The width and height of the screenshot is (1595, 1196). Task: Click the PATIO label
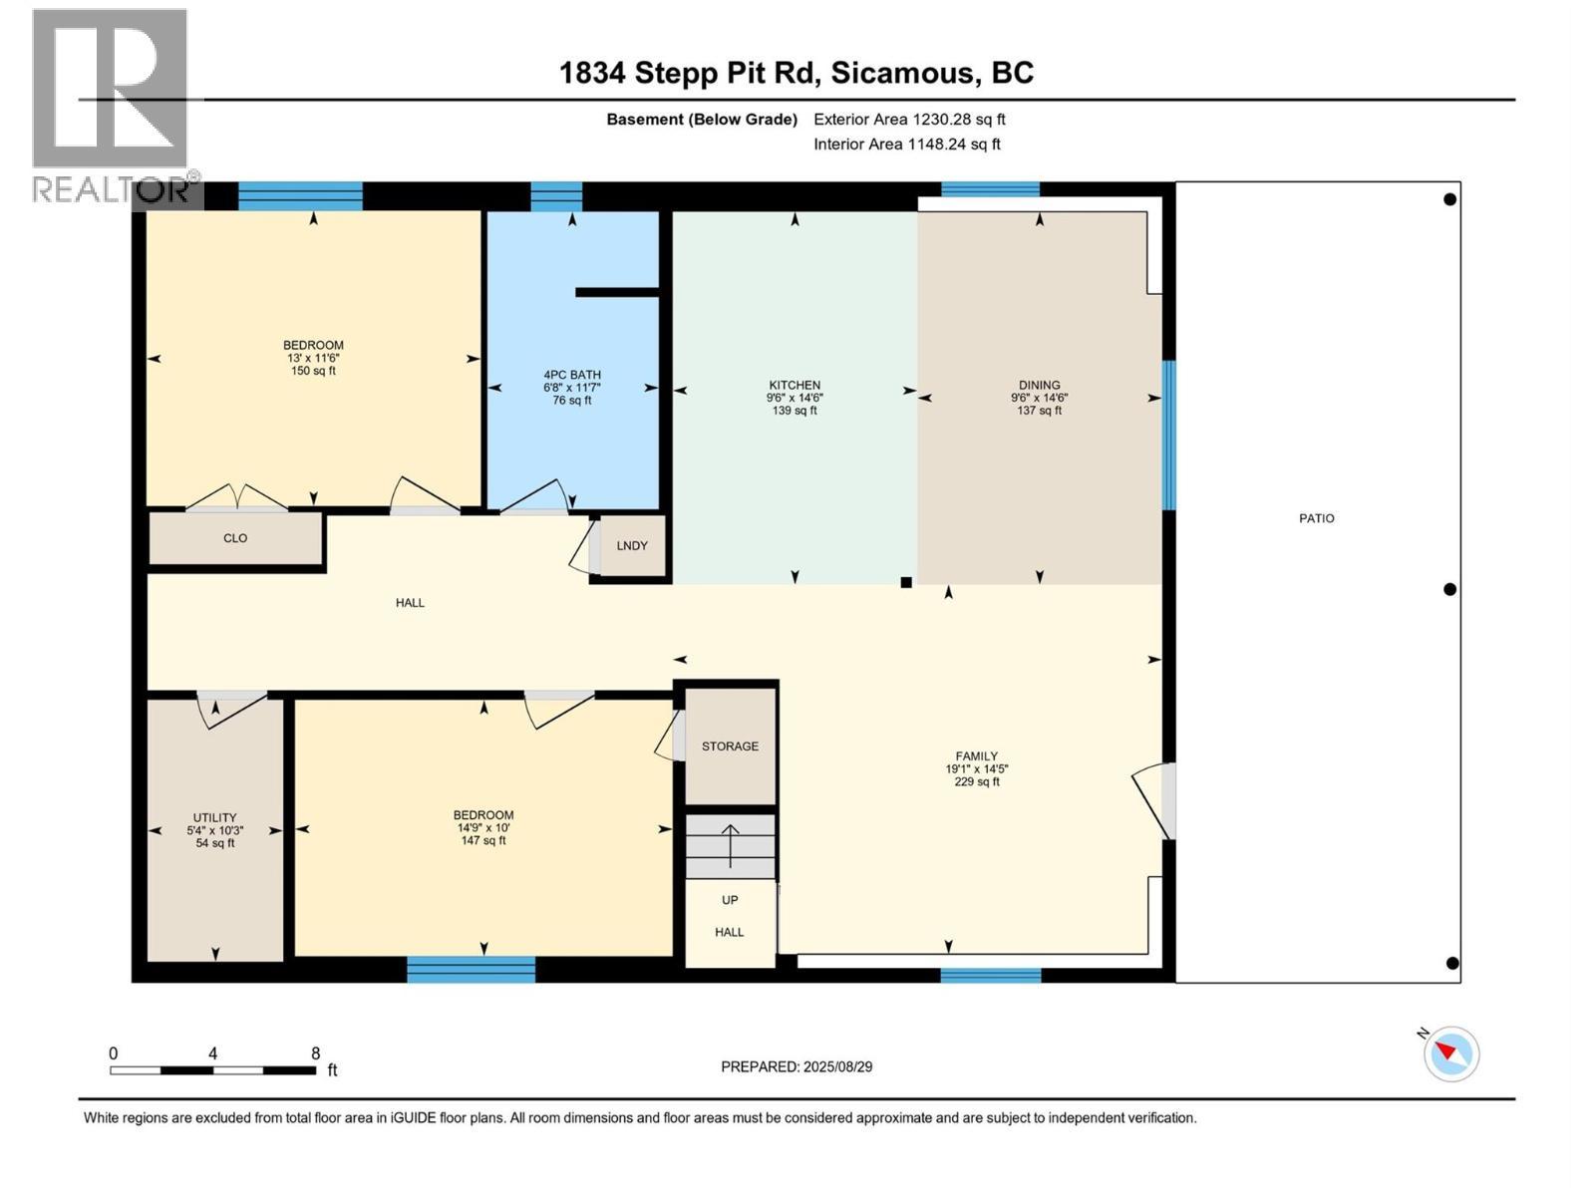1316,518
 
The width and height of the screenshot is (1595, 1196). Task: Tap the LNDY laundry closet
631,545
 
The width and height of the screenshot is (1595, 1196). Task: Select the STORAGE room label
730,746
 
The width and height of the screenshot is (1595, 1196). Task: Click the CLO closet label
234,538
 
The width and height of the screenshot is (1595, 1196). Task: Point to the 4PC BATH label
572,375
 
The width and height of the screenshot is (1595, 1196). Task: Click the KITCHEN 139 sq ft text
795,411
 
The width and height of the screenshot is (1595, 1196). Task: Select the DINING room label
1039,385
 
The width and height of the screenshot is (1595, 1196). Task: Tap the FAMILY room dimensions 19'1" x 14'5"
977,769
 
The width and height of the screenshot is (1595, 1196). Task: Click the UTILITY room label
214,817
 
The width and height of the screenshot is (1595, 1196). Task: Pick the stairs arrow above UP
731,845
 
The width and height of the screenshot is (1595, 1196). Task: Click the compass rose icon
1450,1053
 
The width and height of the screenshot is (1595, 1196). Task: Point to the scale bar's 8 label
315,1052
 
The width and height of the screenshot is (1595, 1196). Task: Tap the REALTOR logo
114,107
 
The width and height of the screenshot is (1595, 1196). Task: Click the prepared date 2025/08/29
837,1066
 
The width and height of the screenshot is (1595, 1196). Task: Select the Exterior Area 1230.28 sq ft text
909,119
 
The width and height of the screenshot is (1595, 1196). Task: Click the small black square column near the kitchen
905,582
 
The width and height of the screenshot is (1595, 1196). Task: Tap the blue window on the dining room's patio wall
1168,435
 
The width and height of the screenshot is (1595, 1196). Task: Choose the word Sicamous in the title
902,73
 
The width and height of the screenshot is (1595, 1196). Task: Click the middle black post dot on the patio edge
1448,590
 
